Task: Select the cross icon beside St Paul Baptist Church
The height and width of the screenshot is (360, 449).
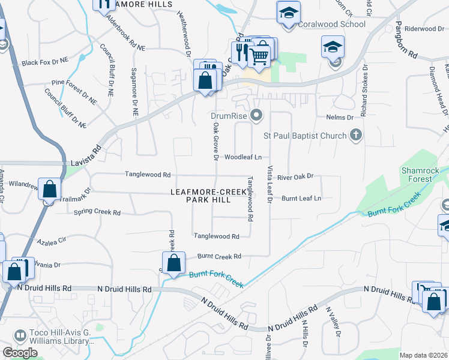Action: [356, 135]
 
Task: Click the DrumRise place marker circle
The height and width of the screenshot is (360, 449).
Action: [257, 115]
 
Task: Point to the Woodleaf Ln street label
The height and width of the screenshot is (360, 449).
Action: [243, 157]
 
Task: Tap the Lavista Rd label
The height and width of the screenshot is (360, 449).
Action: [91, 146]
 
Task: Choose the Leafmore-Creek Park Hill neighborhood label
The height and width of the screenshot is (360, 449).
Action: [208, 196]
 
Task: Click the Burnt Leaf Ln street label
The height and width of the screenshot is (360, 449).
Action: [301, 198]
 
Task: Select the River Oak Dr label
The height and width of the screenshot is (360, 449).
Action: [295, 176]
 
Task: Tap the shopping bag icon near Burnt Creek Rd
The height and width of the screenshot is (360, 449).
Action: [173, 262]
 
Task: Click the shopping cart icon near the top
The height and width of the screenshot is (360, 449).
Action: [259, 55]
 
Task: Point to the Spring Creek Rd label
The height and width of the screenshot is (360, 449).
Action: [97, 212]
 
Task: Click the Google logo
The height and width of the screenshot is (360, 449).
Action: [20, 353]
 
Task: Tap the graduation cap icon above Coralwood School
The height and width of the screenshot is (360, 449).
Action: [289, 12]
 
